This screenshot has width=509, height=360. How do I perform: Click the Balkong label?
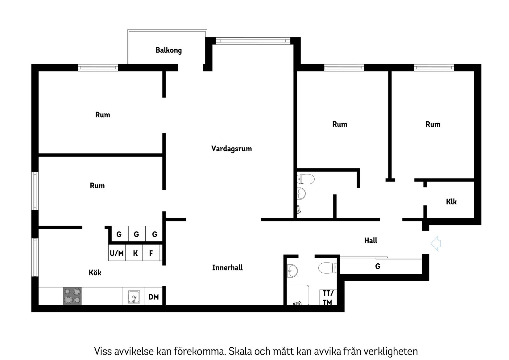(x=168, y=50)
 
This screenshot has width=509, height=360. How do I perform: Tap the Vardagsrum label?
(x=231, y=149)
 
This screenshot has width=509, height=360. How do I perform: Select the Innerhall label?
(x=227, y=268)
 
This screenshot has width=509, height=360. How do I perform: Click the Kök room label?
(x=95, y=273)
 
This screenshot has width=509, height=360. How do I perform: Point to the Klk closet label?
(x=451, y=202)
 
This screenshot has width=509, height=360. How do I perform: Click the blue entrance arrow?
(x=436, y=244)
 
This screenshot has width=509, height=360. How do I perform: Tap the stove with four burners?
(x=72, y=296)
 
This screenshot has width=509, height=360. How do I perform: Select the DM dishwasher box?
(x=153, y=297)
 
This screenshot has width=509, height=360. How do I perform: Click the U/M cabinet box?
(x=117, y=253)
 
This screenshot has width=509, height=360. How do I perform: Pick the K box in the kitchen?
(x=135, y=253)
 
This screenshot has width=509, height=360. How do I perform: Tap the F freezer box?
(x=151, y=253)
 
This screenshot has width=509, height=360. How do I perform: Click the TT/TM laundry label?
(x=328, y=297)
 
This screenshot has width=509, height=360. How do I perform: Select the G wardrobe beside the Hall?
(x=378, y=266)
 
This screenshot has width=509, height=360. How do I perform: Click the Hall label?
(x=370, y=241)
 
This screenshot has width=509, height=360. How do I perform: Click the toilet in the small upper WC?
(x=305, y=179)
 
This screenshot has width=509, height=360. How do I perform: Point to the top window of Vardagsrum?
(x=253, y=40)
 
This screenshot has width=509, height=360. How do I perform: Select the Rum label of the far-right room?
(x=433, y=124)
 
